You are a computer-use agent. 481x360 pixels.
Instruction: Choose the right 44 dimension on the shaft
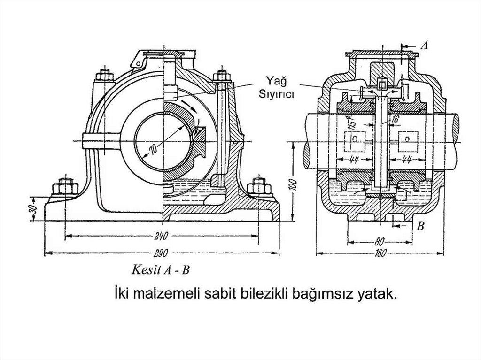coord(407,158)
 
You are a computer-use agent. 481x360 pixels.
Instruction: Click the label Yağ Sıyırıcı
coord(277,88)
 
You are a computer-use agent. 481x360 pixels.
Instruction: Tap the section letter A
coord(424,45)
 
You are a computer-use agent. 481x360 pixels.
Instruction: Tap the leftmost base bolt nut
coord(63,187)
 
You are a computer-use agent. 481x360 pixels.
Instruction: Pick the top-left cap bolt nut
coord(102,75)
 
